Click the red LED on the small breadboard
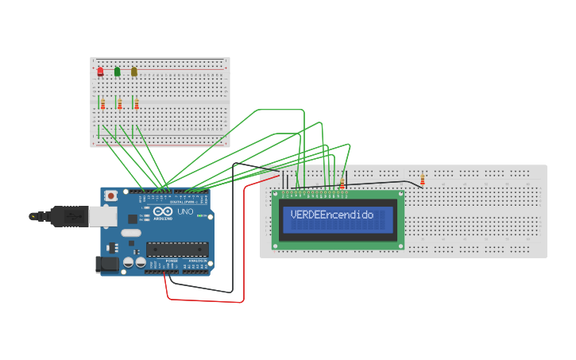click(x=100, y=72)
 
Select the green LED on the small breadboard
click(x=118, y=72)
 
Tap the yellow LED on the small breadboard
click(x=134, y=72)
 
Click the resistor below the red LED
click(x=102, y=103)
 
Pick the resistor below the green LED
click(x=119, y=103)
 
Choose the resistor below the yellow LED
click(x=136, y=103)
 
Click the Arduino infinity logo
click(x=163, y=213)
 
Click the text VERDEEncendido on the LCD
click(x=332, y=215)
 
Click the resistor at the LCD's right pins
click(x=342, y=184)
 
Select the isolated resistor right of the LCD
click(x=422, y=180)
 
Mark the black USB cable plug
click(x=60, y=215)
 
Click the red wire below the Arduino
click(x=207, y=301)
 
